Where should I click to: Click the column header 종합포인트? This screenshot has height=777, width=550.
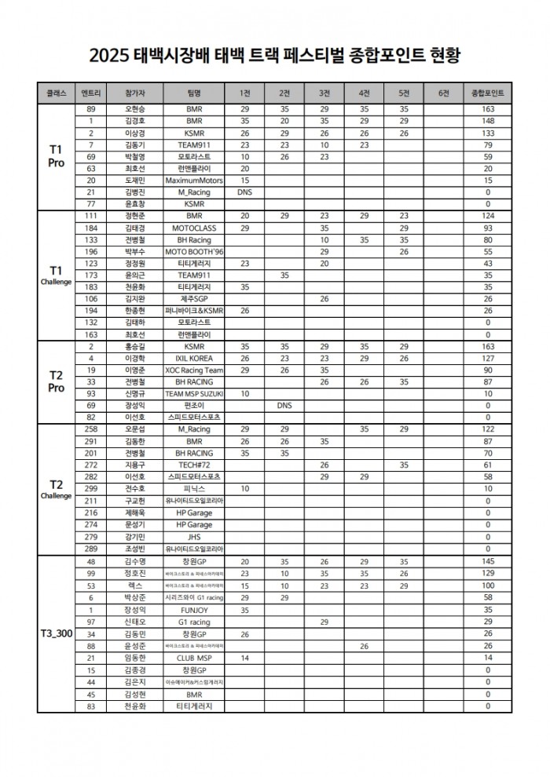tap(487, 93)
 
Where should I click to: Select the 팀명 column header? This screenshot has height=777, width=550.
tap(194, 93)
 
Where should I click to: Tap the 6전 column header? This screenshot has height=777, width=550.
tap(444, 93)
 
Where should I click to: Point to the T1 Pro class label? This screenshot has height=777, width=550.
tap(56, 155)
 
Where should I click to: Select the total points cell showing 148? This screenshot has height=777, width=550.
tap(487, 121)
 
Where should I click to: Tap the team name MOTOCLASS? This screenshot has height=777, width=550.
tap(194, 228)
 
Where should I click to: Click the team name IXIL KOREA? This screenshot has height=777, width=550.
tap(194, 358)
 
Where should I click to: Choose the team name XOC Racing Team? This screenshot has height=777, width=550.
tap(194, 370)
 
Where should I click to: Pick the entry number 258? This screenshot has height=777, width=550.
tap(91, 429)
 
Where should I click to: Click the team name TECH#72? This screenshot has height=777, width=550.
tap(194, 465)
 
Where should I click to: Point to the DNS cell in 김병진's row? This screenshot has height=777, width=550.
tap(244, 192)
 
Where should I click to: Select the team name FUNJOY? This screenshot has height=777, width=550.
tap(194, 610)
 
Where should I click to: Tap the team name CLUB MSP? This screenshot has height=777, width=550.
tap(194, 658)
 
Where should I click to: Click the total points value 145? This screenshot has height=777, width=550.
tap(487, 562)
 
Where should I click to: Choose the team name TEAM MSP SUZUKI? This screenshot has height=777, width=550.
tap(194, 394)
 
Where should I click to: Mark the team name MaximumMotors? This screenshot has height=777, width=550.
tap(194, 180)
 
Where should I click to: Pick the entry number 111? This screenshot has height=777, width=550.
tap(91, 215)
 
